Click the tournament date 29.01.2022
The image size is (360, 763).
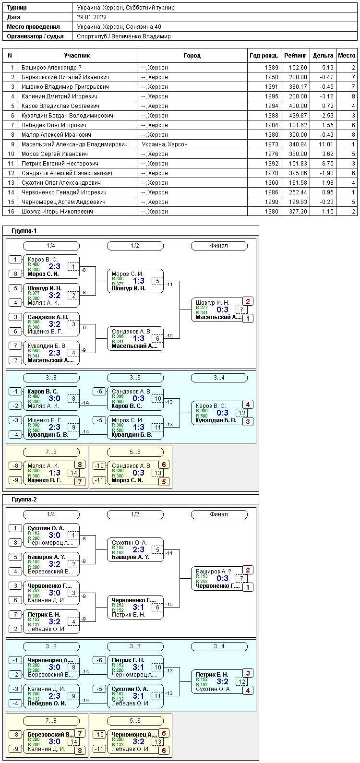[x=92, y=17]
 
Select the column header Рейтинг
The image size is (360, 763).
[x=295, y=55]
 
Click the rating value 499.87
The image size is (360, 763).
[x=298, y=116]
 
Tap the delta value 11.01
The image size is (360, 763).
[x=326, y=144]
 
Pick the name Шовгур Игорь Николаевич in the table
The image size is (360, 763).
[x=57, y=211]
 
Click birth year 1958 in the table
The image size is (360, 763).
[x=272, y=77]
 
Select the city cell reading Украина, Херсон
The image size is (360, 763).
[x=165, y=144]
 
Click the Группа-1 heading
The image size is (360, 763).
[x=24, y=231]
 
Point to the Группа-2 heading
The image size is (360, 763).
[x=24, y=500]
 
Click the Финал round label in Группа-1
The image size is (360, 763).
[x=219, y=246]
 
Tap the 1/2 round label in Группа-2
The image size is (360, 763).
[x=135, y=514]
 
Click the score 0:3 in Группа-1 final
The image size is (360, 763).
[x=222, y=310]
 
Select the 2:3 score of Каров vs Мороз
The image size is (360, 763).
[x=55, y=266]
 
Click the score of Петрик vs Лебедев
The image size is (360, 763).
[x=55, y=621]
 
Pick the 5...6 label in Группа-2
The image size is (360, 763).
[x=135, y=721]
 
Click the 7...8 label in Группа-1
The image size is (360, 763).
[x=51, y=452]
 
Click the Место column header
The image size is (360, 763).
[x=347, y=55]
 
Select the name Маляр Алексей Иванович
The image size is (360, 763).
[x=56, y=134]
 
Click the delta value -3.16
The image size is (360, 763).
[x=326, y=96]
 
